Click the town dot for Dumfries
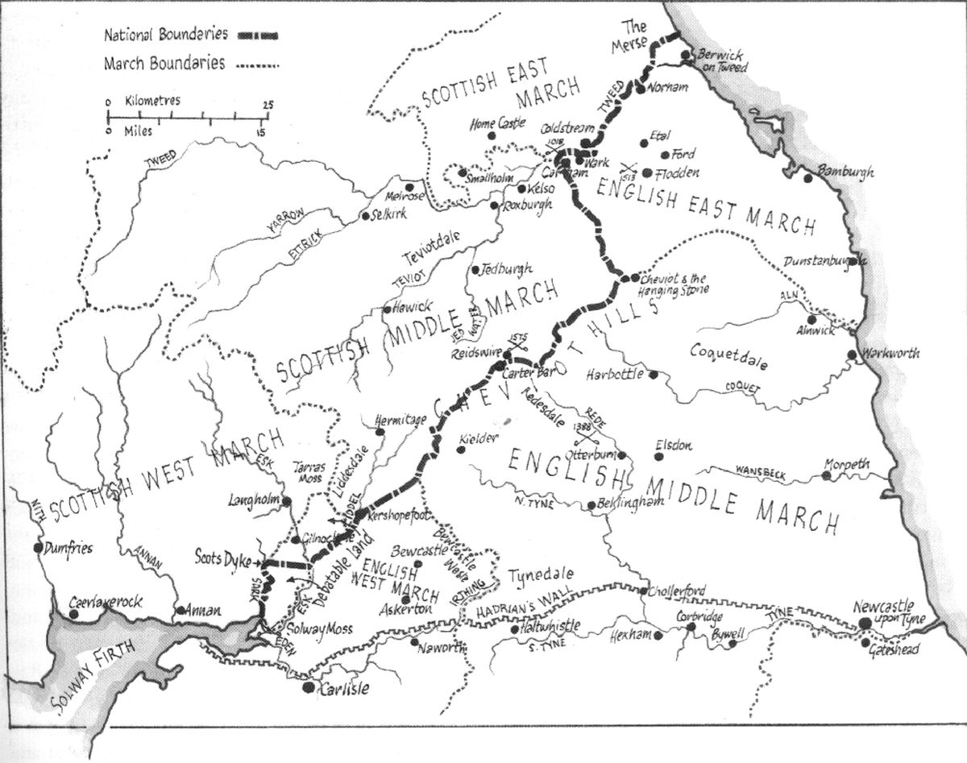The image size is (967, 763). pos(38,548)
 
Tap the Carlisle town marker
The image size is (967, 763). pos(307,687)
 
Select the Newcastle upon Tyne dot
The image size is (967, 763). pos(865,622)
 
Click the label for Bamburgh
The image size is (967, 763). pos(845,172)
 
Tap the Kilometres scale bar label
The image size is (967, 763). pos(152,102)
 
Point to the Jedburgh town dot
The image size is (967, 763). pos(475,269)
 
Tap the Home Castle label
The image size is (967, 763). pos(500,125)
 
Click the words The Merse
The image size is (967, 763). pos(639,34)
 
